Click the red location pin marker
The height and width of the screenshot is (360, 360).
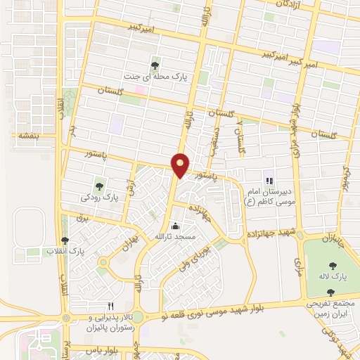click(x=181, y=165)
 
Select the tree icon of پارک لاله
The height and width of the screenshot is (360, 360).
click(x=332, y=266)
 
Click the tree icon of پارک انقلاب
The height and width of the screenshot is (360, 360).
click(x=65, y=240)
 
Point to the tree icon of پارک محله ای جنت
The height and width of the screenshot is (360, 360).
click(x=155, y=65)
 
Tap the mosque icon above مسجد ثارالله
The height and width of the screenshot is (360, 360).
click(x=176, y=226)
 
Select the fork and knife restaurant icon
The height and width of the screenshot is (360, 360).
click(x=110, y=306)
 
